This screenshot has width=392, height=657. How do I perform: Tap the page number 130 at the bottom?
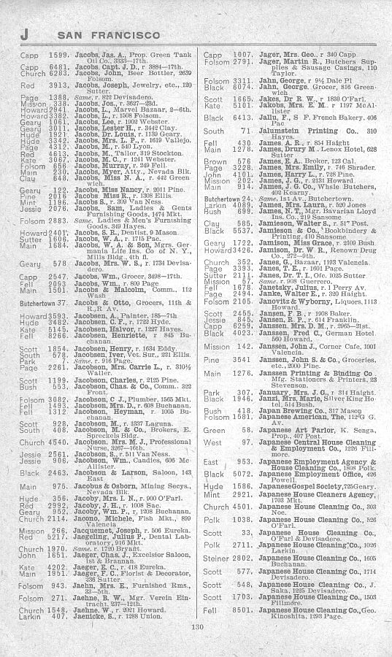coord(196,645)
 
